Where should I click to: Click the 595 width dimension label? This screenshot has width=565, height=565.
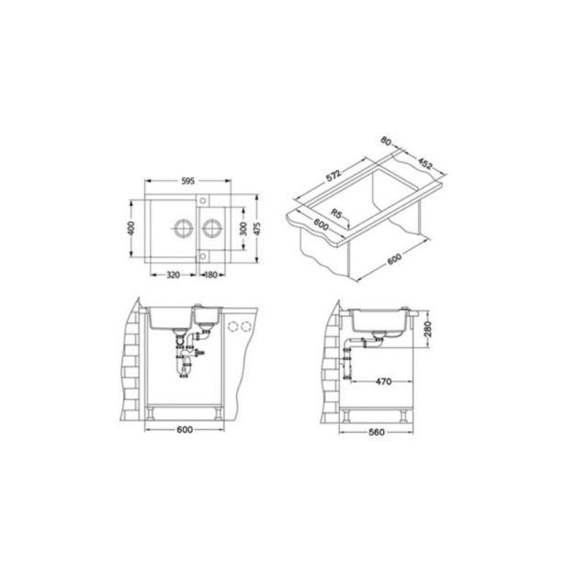coord(187,181)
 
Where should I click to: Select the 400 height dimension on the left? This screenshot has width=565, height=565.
coord(131,228)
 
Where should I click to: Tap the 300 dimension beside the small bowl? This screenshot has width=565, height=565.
coord(243,229)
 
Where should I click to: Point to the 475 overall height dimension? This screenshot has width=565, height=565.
coord(256,229)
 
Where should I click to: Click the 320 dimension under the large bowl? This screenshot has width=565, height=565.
coord(173,275)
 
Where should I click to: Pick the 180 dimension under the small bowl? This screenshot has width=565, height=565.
coord(210,275)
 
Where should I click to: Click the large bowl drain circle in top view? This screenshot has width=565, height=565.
coord(184,228)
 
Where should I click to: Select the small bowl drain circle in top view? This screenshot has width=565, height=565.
coord(211,228)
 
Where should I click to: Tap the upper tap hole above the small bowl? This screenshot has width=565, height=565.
coord(202,200)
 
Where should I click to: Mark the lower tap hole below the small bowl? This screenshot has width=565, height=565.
coord(202,256)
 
